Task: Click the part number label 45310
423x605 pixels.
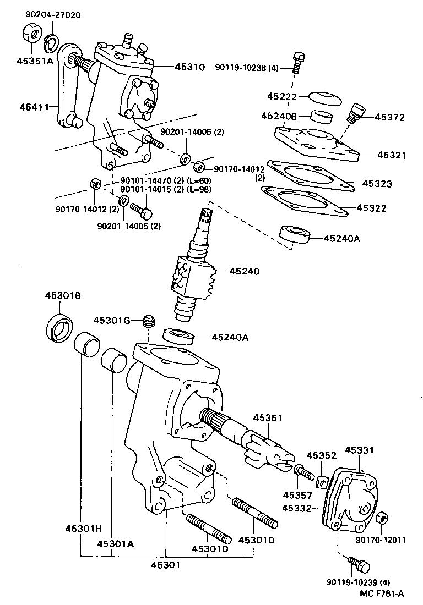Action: coord(190,67)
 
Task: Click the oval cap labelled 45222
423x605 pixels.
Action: coord(323,97)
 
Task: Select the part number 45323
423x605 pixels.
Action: coord(377,184)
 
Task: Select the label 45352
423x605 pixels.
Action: coord(321,455)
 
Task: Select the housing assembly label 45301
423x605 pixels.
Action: coord(165,564)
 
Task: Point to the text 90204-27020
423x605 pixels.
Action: coord(52,15)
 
